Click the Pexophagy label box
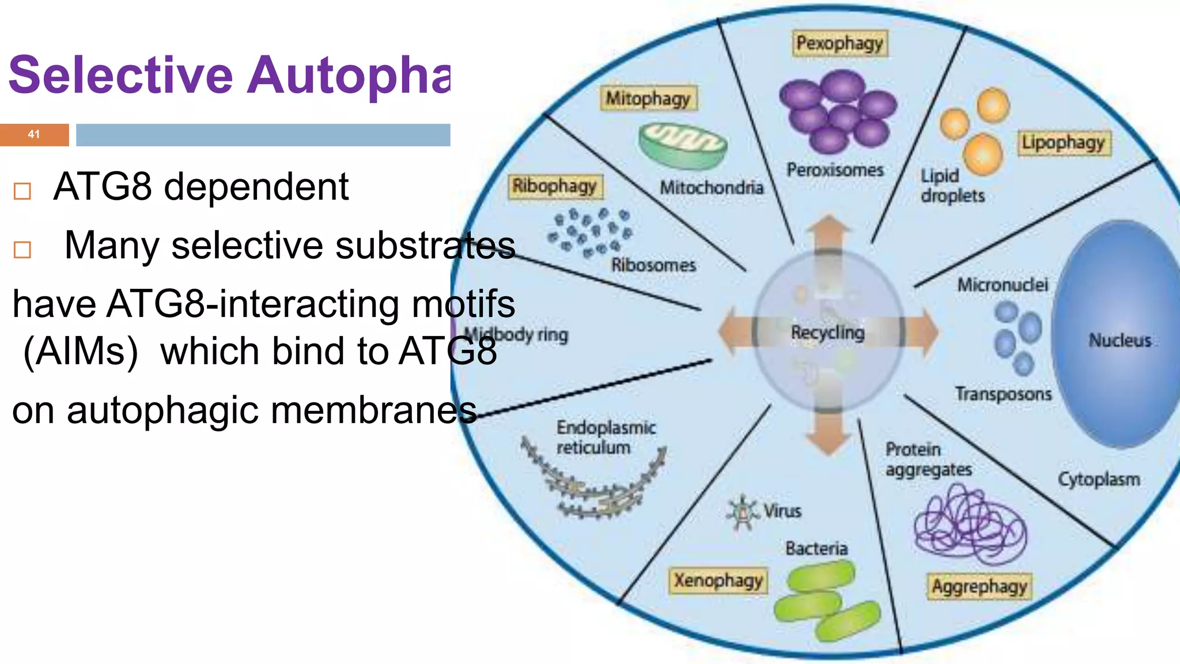click(839, 44)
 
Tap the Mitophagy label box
click(648, 99)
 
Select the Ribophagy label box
click(554, 186)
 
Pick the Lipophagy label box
click(1063, 142)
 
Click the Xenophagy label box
click(718, 580)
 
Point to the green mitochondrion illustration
click(683, 146)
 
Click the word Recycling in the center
click(827, 333)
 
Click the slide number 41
click(34, 134)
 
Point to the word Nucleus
click(1120, 341)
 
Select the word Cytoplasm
click(1098, 480)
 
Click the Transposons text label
click(1003, 394)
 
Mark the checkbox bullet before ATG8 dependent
click(22, 191)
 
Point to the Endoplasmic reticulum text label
click(605, 437)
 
